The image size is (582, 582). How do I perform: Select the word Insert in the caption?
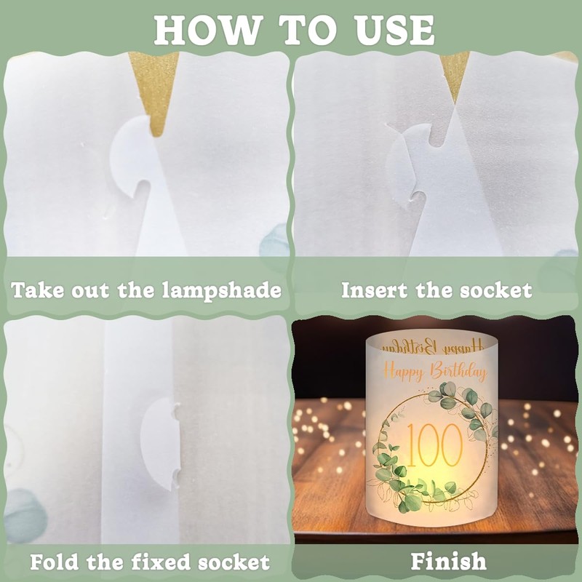(x=374, y=291)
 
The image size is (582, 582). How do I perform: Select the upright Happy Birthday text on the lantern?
(x=434, y=372)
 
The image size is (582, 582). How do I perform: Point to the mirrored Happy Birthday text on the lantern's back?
(x=434, y=345)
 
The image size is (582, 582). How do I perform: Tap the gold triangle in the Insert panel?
(x=454, y=73)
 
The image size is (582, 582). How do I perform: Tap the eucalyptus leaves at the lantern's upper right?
(x=466, y=407)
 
